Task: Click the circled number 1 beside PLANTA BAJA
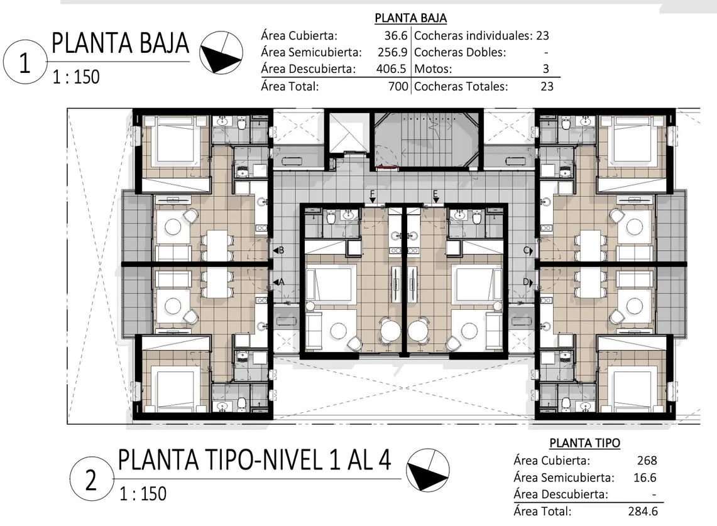(x=25, y=62)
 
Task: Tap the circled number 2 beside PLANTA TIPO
(x=92, y=479)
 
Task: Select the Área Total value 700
(x=398, y=86)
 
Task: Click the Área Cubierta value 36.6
(x=395, y=36)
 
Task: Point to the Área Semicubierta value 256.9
(x=392, y=52)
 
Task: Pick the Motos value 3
(x=545, y=69)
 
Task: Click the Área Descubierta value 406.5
(x=391, y=69)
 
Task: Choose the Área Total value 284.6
(x=643, y=511)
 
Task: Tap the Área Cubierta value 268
(x=647, y=460)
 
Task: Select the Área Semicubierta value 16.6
(x=645, y=478)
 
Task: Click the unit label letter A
(x=282, y=282)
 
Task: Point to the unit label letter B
(x=282, y=250)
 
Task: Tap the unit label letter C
(x=527, y=250)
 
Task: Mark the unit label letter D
(x=527, y=282)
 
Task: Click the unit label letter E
(x=435, y=194)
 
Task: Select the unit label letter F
(x=372, y=194)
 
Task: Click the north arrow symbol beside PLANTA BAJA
(x=221, y=52)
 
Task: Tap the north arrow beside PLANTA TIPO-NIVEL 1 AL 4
(x=428, y=469)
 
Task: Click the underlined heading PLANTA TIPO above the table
(x=585, y=443)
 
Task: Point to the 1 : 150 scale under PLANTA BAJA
(x=76, y=77)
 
